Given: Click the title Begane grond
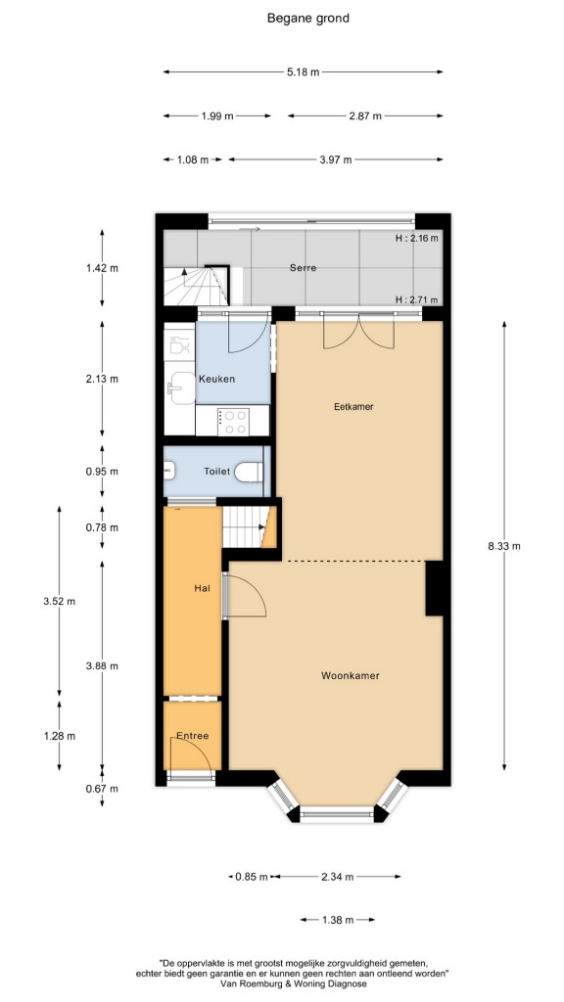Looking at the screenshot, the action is tap(307, 18).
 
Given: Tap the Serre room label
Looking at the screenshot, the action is tap(303, 268).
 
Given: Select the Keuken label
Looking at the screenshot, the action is tap(216, 379).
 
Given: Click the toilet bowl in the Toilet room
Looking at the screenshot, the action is tap(248, 472).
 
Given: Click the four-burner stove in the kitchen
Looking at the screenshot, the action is tap(233, 421).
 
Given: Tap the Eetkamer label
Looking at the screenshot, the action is tap(353, 406).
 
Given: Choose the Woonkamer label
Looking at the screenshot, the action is tap(350, 675).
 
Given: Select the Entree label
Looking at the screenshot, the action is tap(193, 736).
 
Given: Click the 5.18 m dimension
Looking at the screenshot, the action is tap(303, 72).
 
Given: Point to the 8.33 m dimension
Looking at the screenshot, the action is tap(504, 546).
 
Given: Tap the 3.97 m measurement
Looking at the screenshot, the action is tap(335, 159).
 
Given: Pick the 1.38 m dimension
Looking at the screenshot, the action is tap(337, 920).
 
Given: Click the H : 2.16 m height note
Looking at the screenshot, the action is tap(417, 239).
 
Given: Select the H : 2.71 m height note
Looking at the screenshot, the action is tap(417, 299).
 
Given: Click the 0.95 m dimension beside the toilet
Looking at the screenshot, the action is tap(102, 473).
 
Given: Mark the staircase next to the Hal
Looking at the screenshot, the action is tap(250, 527).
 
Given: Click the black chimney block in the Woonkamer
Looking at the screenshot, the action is tap(435, 588).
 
